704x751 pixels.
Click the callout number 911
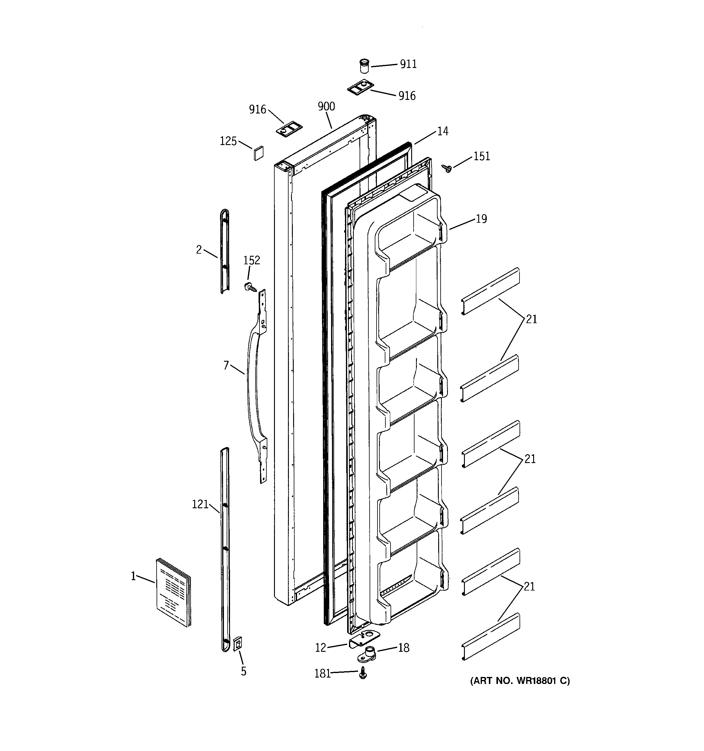pyautogui.click(x=408, y=64)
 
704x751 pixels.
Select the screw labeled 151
pyautogui.click(x=447, y=168)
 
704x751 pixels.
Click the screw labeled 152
pyautogui.click(x=250, y=287)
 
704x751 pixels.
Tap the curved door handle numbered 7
pyautogui.click(x=251, y=385)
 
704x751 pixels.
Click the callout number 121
pyautogui.click(x=200, y=504)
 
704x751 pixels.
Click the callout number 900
pyautogui.click(x=326, y=107)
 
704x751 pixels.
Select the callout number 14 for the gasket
pyautogui.click(x=442, y=131)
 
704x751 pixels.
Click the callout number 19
pyautogui.click(x=481, y=219)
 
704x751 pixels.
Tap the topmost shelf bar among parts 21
pyautogui.click(x=490, y=291)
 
